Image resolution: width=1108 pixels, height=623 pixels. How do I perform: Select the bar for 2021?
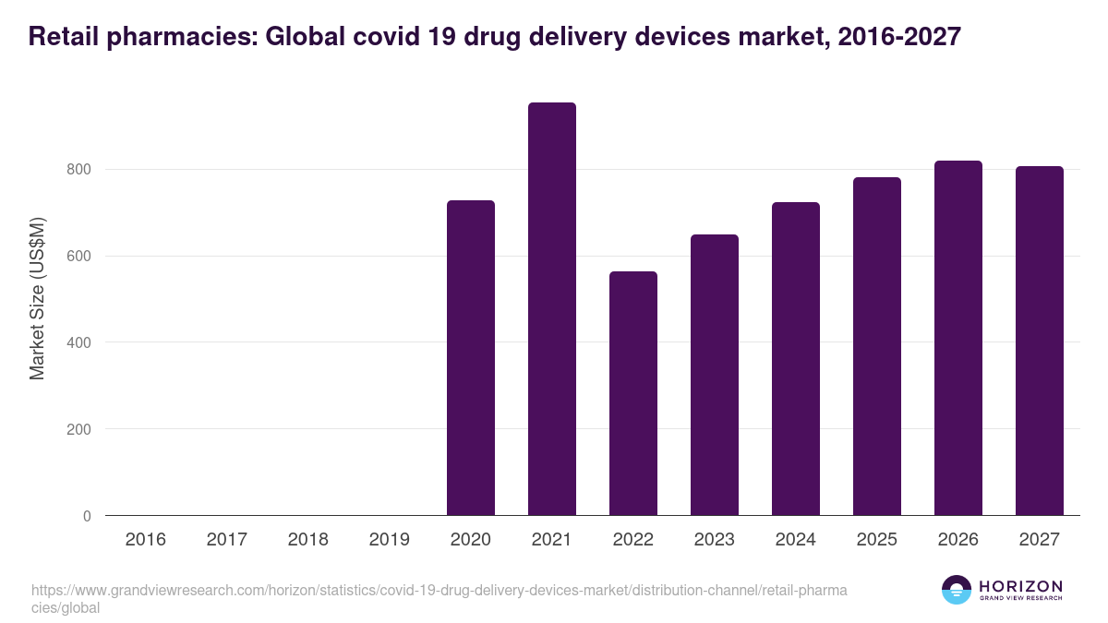coord(552,309)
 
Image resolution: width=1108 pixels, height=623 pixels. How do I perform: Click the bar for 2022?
coord(633,393)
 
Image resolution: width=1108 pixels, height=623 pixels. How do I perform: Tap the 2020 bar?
coord(471,358)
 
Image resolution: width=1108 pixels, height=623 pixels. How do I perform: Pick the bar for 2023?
coord(715,375)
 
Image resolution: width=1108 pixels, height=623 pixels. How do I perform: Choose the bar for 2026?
coord(958,338)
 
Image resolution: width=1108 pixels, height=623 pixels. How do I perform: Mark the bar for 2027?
coord(1040,341)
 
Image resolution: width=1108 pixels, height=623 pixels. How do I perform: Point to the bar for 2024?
coord(796,359)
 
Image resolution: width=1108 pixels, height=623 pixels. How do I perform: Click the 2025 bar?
coord(877,346)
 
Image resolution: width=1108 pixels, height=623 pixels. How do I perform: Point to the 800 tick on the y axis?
coord(79,170)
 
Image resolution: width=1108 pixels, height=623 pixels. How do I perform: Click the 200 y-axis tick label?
coord(79,430)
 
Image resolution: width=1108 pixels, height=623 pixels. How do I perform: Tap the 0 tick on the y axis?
coord(87,517)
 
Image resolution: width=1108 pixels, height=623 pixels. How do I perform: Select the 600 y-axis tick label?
coord(79,257)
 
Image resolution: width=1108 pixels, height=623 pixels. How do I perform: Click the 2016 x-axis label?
coord(146,540)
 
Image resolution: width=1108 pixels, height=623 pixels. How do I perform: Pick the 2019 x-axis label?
coord(390,540)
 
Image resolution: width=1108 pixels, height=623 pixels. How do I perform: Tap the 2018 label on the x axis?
coord(308,540)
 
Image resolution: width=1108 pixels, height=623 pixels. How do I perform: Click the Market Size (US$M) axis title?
coord(38,299)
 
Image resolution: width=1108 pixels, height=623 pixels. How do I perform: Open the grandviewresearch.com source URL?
coord(439,591)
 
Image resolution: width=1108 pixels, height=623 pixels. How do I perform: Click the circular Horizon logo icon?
coord(956,590)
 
